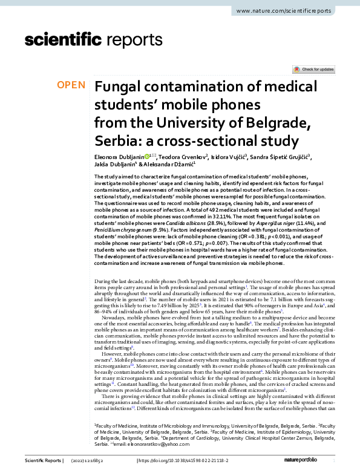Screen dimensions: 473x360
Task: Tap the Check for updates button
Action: [x=313, y=70]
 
